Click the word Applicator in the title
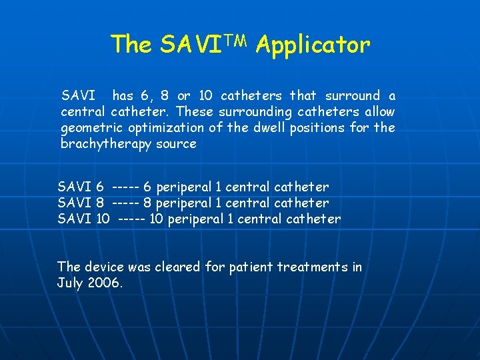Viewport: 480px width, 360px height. [x=313, y=45]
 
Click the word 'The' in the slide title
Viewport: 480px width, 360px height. [x=133, y=45]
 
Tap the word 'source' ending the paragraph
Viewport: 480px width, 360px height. [x=176, y=144]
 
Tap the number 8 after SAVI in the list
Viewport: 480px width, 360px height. [x=99, y=203]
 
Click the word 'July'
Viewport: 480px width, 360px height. [x=71, y=283]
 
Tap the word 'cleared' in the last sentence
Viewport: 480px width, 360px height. [x=177, y=267]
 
